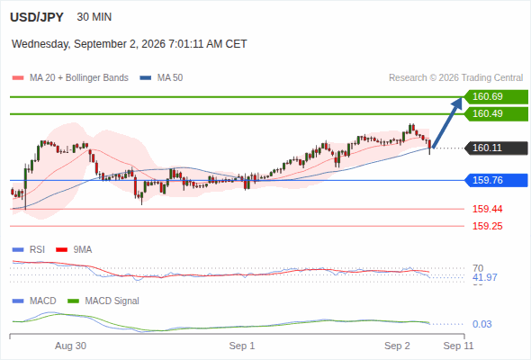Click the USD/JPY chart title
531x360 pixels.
click(x=37, y=17)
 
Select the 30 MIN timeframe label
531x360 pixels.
click(x=94, y=17)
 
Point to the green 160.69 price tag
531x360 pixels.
click(x=496, y=96)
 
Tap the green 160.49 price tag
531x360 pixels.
click(x=496, y=113)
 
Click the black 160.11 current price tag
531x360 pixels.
click(x=496, y=148)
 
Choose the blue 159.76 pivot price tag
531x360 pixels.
click(x=496, y=180)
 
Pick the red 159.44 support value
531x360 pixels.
click(x=487, y=209)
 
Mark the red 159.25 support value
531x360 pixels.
click(x=487, y=226)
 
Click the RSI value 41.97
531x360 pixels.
click(x=485, y=277)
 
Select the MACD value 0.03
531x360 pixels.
click(x=481, y=324)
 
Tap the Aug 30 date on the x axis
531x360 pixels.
click(x=70, y=346)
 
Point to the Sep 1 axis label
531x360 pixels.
click(x=242, y=346)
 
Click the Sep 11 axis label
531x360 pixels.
click(x=458, y=346)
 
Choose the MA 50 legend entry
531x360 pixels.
click(x=161, y=78)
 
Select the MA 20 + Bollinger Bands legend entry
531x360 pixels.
click(x=70, y=78)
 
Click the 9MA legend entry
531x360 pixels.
click(x=74, y=249)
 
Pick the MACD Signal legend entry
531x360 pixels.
click(x=103, y=301)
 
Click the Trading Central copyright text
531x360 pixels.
click(x=455, y=78)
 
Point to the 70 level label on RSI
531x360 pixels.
click(x=478, y=268)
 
